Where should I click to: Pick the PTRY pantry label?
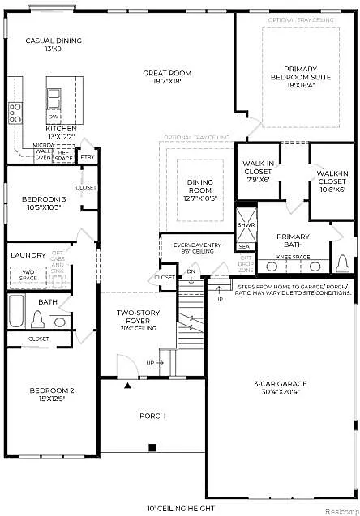coord(88,156)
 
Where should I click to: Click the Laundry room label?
coord(28,255)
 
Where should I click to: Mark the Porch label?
coord(152,416)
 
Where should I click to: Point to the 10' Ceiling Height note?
coord(180,508)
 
